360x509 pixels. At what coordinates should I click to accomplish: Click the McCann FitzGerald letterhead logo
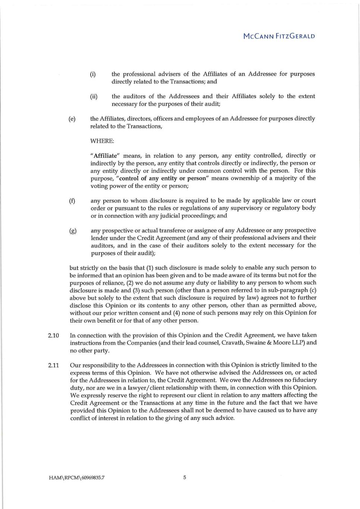(x=279, y=36)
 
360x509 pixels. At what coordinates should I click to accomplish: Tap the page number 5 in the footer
(x=185, y=477)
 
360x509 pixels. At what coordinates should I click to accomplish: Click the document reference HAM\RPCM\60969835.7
(x=76, y=477)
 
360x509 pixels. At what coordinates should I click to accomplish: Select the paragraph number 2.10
(x=53, y=335)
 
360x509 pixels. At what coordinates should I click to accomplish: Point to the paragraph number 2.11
(x=53, y=365)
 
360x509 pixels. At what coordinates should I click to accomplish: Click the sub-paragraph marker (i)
(x=93, y=74)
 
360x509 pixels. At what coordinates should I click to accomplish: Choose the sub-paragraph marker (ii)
(x=94, y=96)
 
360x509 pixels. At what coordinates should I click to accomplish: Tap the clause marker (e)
(x=72, y=119)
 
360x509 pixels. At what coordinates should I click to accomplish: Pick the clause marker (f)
(x=72, y=201)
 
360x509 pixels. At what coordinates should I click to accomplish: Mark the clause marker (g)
(x=73, y=230)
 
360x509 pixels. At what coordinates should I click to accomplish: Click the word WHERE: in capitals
(x=102, y=141)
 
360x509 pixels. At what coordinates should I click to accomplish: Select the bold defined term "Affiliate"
(x=105, y=156)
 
